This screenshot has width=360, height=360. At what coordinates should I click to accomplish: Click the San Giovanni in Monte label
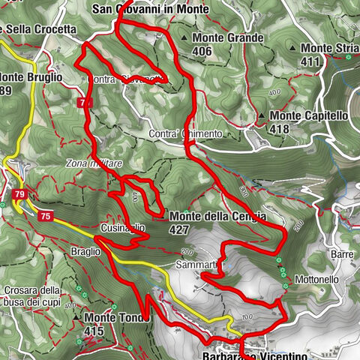pyautogui.click(x=149, y=9)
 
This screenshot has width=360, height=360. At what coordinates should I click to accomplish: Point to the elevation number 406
pyautogui.click(x=202, y=51)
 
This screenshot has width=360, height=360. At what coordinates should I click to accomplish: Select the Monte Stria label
pyautogui.click(x=327, y=47)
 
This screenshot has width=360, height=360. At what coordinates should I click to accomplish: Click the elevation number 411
pyautogui.click(x=310, y=61)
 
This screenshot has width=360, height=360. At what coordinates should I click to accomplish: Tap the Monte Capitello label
pyautogui.click(x=308, y=115)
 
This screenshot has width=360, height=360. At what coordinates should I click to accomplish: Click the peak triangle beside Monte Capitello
pyautogui.click(x=260, y=116)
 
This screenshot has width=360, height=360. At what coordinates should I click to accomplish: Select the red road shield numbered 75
pyautogui.click(x=46, y=216)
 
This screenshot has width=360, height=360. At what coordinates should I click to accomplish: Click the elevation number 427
pyautogui.click(x=180, y=229)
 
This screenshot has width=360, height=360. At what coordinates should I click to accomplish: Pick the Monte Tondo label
pyautogui.click(x=118, y=317)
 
